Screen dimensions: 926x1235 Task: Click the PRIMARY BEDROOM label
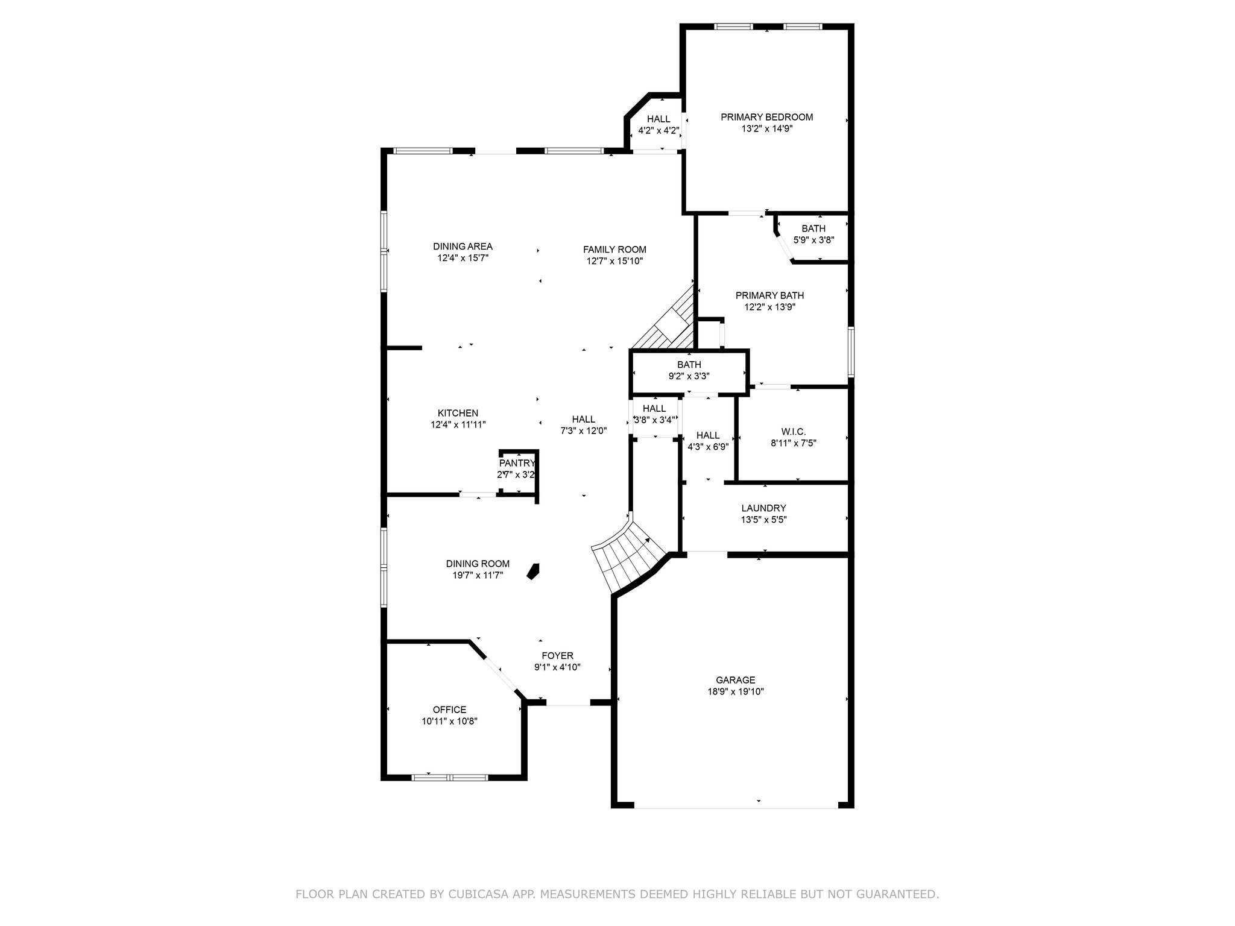(x=766, y=117)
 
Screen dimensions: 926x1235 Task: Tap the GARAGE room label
(x=735, y=680)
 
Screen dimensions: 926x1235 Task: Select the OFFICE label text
(x=449, y=710)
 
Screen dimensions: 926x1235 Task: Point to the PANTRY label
(x=517, y=463)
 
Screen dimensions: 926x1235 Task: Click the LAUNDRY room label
(x=763, y=508)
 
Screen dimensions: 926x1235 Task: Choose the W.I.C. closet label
(x=793, y=432)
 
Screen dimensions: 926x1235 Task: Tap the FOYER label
(x=557, y=656)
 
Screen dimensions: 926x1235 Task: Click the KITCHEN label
(x=458, y=413)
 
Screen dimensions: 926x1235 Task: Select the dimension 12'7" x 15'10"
(x=614, y=261)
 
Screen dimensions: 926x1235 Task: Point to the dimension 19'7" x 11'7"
(x=478, y=575)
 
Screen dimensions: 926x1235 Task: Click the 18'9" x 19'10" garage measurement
(x=735, y=691)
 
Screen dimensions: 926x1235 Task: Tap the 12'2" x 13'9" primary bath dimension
(x=769, y=307)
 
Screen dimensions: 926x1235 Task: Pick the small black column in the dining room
(x=533, y=571)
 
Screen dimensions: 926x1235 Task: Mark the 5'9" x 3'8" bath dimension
(x=813, y=240)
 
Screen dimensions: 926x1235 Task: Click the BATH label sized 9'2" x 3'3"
(x=689, y=365)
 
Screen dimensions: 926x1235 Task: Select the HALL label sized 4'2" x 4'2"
(x=659, y=119)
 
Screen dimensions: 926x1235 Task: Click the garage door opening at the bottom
(x=735, y=807)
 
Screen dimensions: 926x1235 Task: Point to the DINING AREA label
(x=463, y=246)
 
